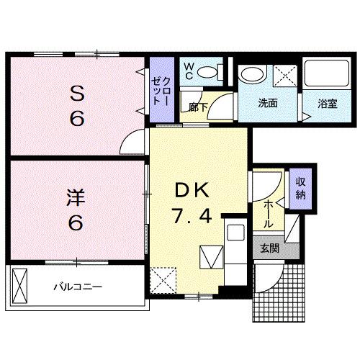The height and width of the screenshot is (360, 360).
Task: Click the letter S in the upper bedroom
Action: click(x=77, y=93)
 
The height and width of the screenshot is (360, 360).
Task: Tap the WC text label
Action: click(x=188, y=70)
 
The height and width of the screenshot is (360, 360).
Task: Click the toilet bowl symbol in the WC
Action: click(x=207, y=71)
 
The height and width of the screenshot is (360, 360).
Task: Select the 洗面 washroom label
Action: click(x=269, y=103)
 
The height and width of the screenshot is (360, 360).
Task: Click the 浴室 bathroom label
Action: click(x=328, y=103)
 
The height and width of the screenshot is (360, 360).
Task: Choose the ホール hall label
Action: click(x=268, y=215)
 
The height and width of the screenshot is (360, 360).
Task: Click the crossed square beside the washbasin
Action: click(x=285, y=74)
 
